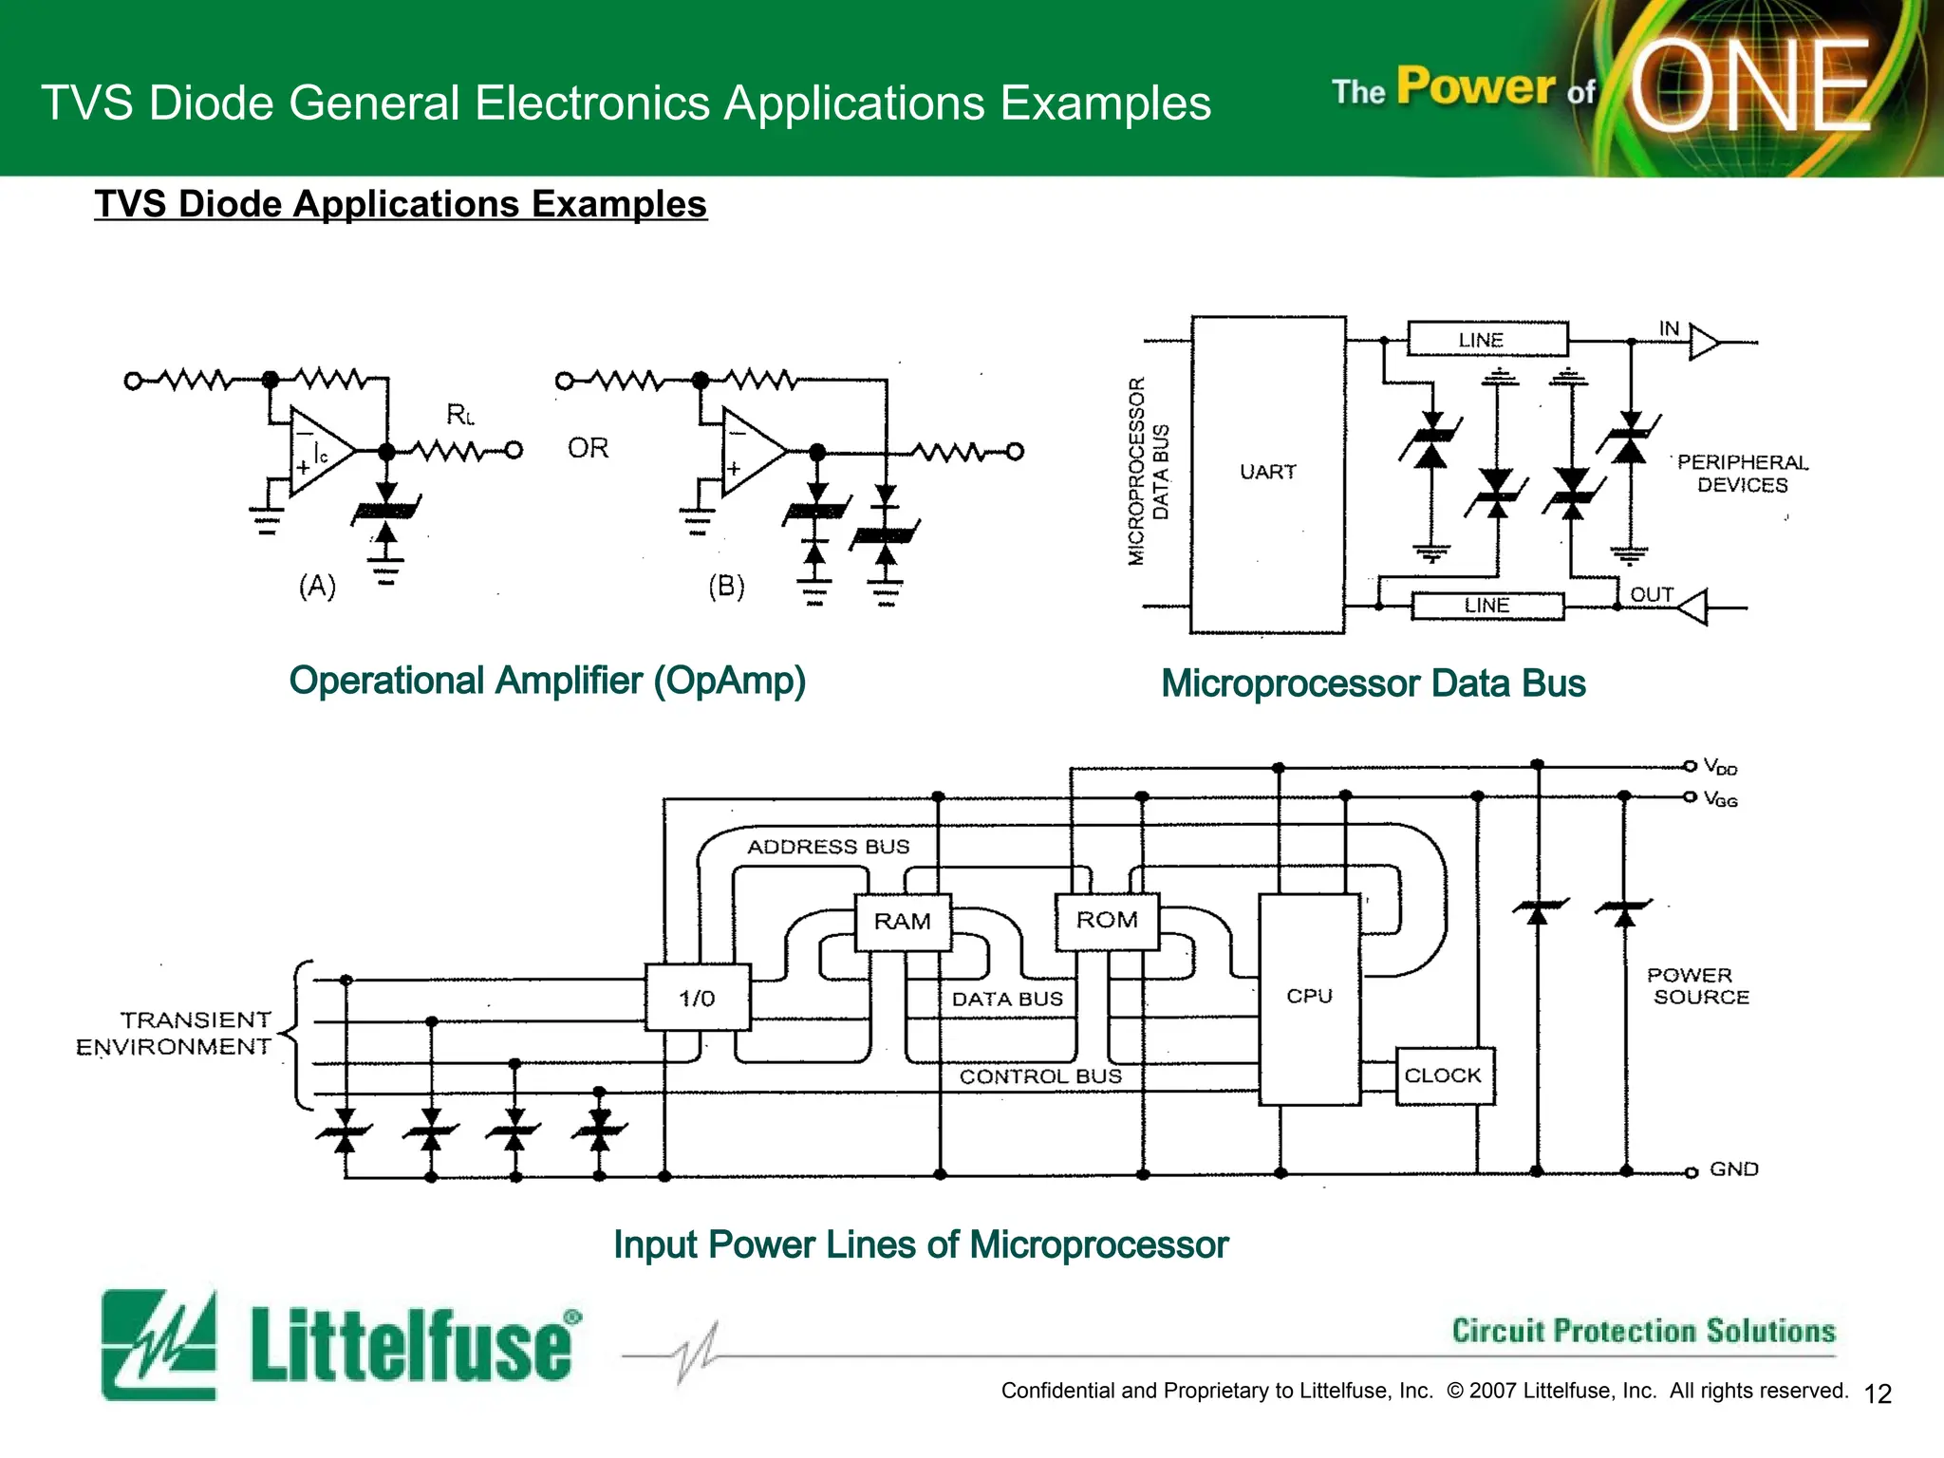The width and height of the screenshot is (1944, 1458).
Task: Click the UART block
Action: [1268, 472]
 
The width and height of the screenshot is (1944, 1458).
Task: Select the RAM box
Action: [902, 922]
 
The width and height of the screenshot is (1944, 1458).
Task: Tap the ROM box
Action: [1107, 920]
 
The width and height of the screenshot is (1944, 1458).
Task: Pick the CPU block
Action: [1309, 997]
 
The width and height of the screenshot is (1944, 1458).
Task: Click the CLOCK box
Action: [1444, 1075]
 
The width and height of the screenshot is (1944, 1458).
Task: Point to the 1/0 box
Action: [697, 998]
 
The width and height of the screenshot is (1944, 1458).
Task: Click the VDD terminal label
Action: [1720, 767]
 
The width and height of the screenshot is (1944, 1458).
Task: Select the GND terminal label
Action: [1733, 1169]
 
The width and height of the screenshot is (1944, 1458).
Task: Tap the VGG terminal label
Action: [1720, 799]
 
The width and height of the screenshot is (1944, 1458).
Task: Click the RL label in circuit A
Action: [460, 415]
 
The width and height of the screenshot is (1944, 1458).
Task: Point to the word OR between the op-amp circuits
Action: [588, 448]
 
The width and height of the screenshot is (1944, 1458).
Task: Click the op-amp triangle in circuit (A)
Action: [318, 453]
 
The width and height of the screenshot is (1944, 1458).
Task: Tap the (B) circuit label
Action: [726, 586]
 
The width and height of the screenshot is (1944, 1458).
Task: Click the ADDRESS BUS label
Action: [828, 847]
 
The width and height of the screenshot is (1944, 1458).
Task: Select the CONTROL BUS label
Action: [1040, 1076]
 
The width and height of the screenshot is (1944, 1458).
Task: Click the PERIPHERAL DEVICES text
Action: [1743, 474]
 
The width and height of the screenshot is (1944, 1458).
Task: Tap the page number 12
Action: [1878, 1393]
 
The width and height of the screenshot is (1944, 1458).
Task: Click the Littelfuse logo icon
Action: [159, 1343]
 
